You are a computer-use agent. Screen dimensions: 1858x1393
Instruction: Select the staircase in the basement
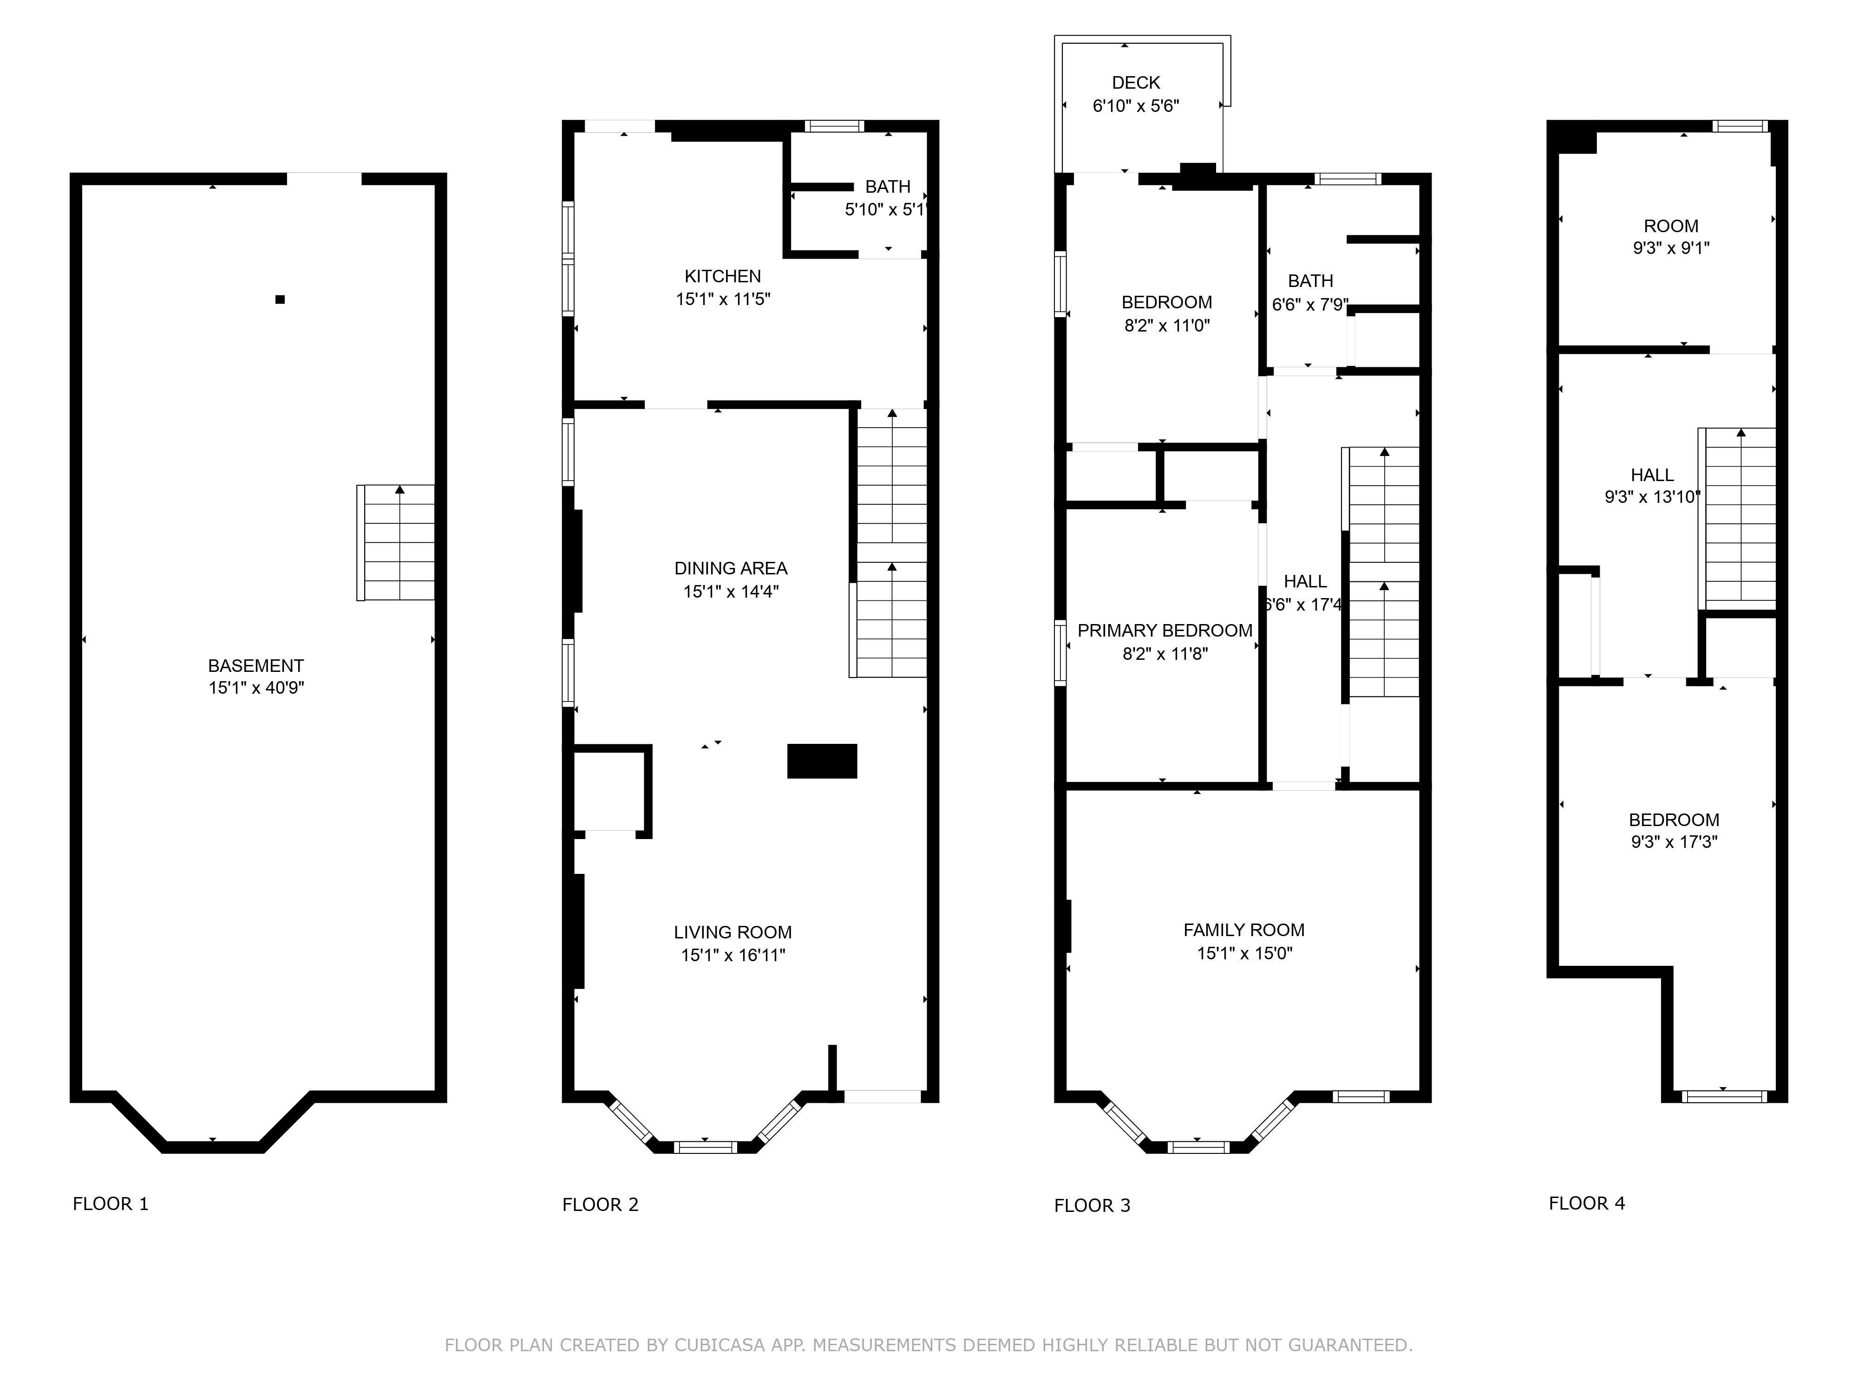pos(396,542)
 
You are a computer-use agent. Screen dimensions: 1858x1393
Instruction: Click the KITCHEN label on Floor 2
pos(722,276)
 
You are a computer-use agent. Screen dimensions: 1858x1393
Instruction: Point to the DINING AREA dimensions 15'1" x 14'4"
pos(731,591)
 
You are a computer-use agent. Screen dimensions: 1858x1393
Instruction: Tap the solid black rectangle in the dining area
pos(822,761)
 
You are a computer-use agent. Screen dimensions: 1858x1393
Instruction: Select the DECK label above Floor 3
pos(1136,82)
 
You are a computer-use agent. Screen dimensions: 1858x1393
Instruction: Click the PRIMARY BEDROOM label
pos(1165,631)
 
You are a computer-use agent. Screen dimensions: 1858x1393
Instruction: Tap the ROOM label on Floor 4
pos(1671,226)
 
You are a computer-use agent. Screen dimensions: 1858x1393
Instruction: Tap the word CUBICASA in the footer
pos(719,1345)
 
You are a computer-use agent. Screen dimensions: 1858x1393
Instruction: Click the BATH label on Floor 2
pos(888,186)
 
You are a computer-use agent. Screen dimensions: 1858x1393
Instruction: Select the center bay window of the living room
pos(706,1146)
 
